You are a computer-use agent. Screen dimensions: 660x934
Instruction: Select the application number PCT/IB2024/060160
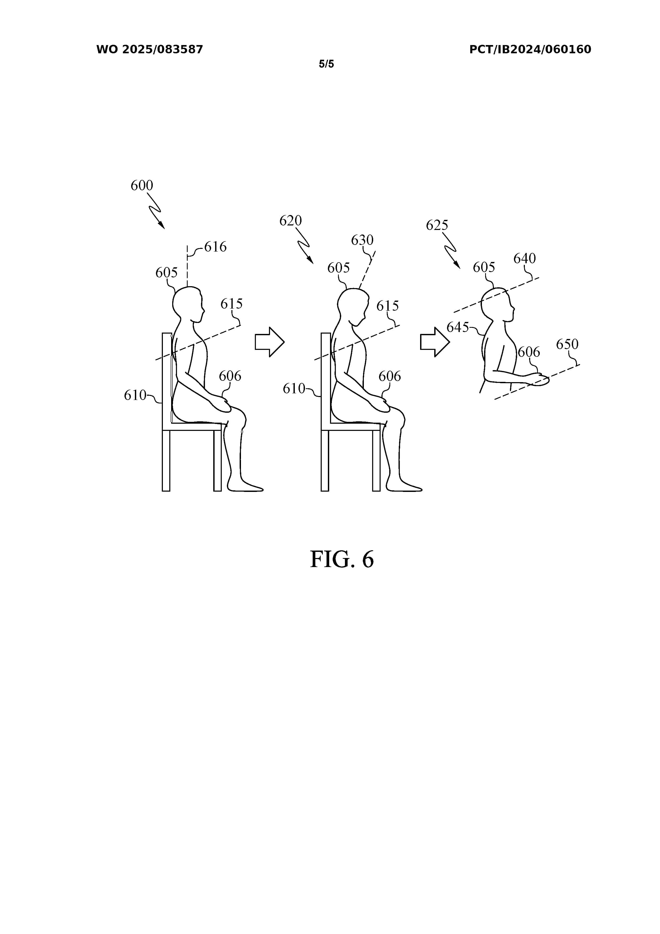[530, 50]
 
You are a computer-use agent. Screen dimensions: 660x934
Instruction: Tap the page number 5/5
[326, 64]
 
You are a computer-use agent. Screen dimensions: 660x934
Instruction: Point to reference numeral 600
[142, 185]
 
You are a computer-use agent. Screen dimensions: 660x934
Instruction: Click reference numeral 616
[215, 246]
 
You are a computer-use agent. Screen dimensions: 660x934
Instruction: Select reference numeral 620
[291, 220]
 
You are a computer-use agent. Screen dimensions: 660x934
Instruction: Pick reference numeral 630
[362, 240]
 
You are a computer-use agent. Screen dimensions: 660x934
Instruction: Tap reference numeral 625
[437, 225]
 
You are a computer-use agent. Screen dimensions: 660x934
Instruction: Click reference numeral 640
[525, 258]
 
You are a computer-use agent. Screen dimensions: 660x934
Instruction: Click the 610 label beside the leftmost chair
[135, 395]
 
